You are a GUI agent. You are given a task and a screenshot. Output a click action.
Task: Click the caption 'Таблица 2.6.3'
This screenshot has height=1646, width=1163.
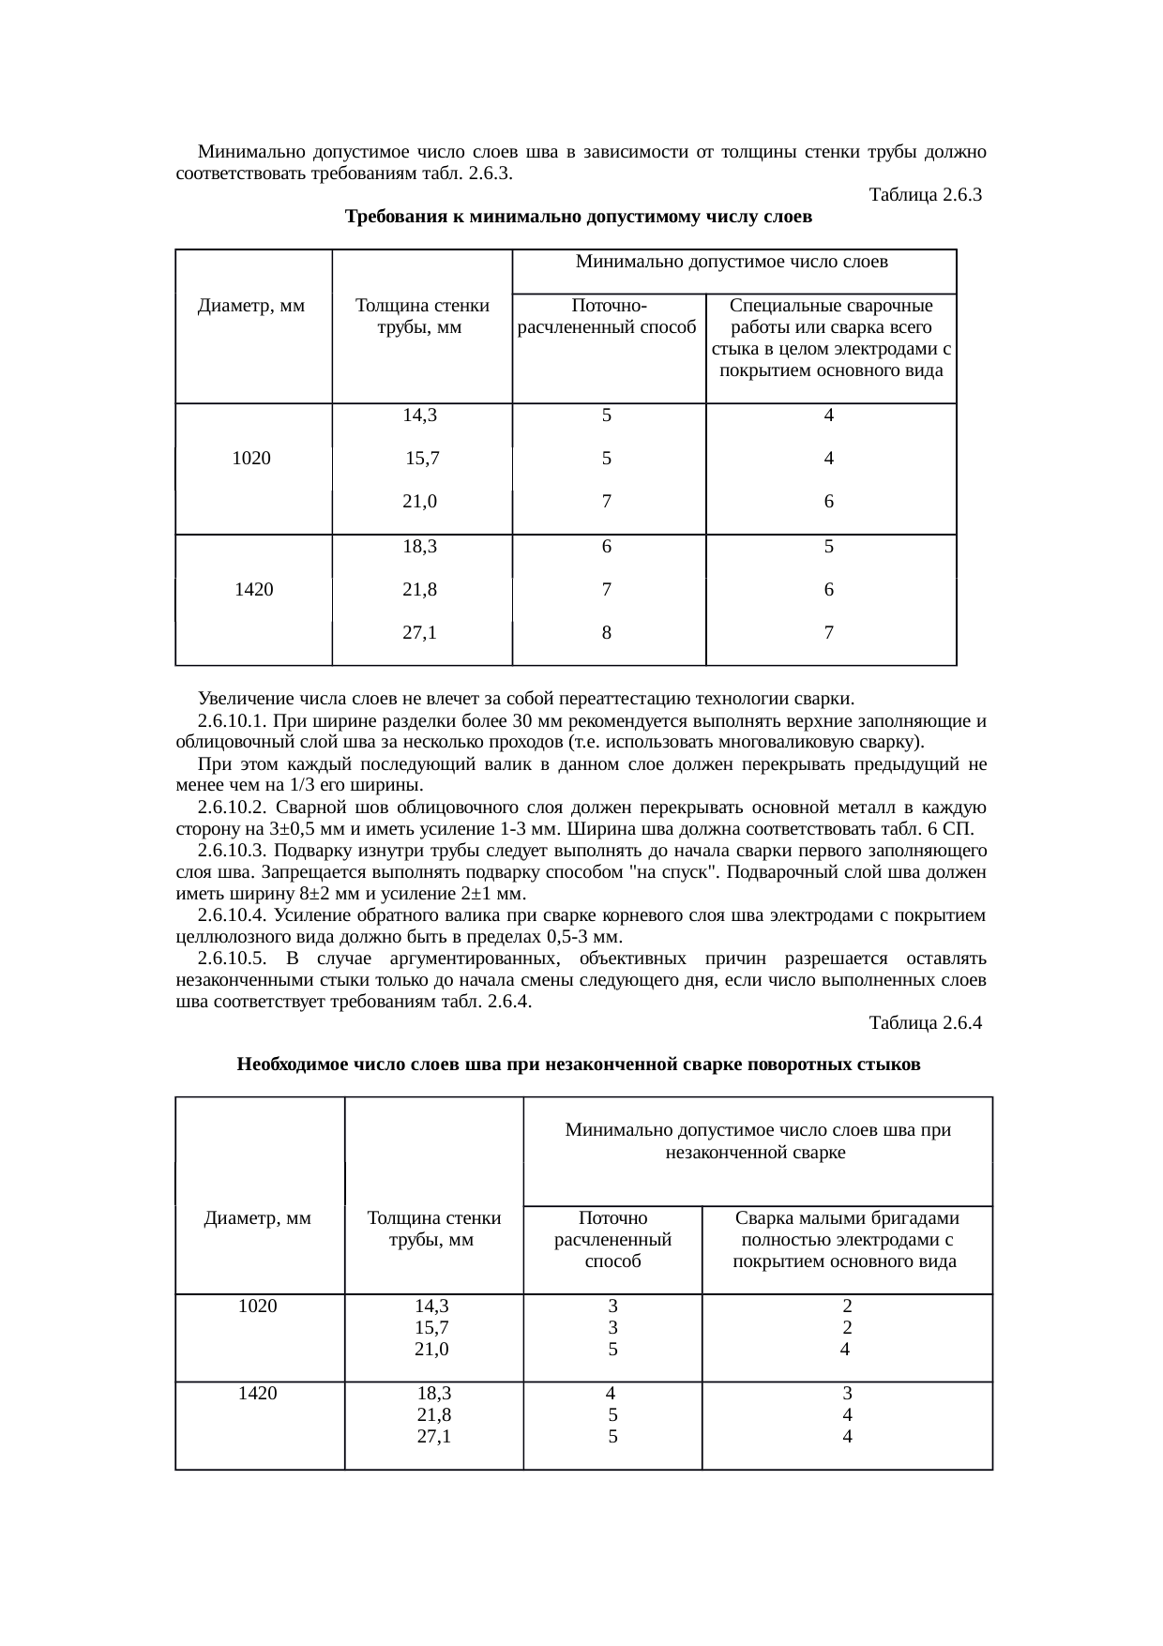tap(925, 195)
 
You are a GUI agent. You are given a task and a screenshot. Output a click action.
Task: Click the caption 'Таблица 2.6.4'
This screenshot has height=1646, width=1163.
tap(925, 1022)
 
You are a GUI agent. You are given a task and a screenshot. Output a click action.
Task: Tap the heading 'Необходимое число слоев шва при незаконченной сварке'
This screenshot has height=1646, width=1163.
tap(579, 1065)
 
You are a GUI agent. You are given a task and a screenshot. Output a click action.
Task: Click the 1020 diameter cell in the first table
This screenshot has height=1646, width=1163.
tap(251, 459)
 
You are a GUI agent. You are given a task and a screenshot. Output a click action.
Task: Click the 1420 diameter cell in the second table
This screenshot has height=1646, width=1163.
tap(257, 1393)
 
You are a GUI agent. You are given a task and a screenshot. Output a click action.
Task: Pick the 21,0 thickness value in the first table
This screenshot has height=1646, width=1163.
tap(419, 502)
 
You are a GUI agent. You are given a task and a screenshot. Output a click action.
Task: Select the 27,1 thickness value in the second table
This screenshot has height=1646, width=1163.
tap(433, 1436)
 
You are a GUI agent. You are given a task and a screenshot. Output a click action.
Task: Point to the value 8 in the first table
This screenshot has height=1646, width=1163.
tap(607, 633)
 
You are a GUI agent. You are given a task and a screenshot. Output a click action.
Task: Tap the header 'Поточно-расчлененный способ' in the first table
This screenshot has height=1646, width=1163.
tap(608, 317)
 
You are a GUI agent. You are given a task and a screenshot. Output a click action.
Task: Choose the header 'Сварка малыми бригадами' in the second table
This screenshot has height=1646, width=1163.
tap(846, 1218)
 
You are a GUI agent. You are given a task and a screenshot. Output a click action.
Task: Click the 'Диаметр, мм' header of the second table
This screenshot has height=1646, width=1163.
tap(257, 1218)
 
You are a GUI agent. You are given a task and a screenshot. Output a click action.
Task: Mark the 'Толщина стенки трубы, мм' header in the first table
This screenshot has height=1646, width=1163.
tap(422, 317)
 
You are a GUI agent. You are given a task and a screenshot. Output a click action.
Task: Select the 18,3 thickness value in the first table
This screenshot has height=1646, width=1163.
tap(419, 546)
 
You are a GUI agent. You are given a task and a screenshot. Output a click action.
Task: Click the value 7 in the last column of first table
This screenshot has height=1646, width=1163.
tap(828, 633)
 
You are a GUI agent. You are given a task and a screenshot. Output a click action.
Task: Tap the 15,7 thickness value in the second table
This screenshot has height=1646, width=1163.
tap(431, 1327)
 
